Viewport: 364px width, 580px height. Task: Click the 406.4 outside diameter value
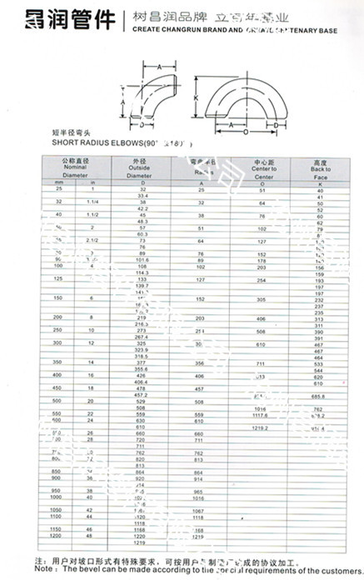click(x=141, y=382)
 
